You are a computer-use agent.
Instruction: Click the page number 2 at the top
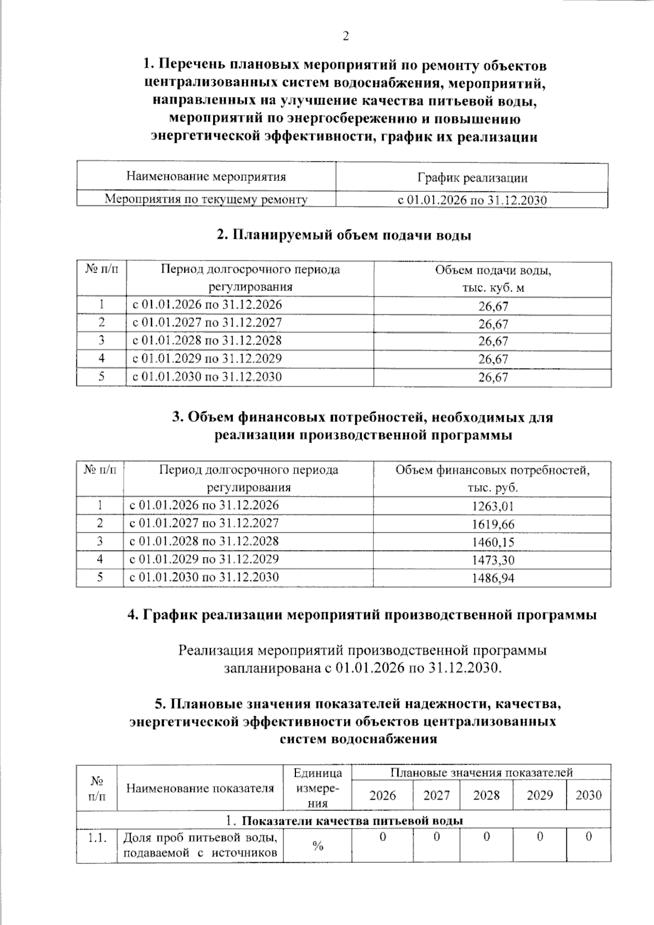[345, 37]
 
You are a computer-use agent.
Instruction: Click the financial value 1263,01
[493, 506]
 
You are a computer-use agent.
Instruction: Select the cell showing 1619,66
[493, 524]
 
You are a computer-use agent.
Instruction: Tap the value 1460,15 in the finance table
[493, 542]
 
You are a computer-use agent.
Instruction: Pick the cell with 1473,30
[493, 560]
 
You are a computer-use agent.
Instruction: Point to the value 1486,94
[493, 578]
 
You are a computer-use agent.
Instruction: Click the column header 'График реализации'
[472, 178]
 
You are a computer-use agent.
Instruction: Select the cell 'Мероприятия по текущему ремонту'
[206, 199]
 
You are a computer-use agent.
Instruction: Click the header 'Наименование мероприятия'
[206, 177]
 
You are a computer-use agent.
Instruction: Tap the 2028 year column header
[486, 795]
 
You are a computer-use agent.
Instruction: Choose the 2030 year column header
[589, 795]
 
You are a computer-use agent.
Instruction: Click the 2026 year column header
[383, 795]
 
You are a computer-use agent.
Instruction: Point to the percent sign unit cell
[318, 845]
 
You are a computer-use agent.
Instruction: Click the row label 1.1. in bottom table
[97, 838]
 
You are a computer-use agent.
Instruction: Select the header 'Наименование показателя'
[200, 788]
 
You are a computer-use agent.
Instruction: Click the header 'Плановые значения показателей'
[481, 772]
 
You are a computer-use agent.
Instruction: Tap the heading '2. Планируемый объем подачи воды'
[344, 235]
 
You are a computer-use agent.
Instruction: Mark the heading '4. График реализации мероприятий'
[362, 615]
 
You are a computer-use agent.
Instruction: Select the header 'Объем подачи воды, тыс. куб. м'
[493, 279]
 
